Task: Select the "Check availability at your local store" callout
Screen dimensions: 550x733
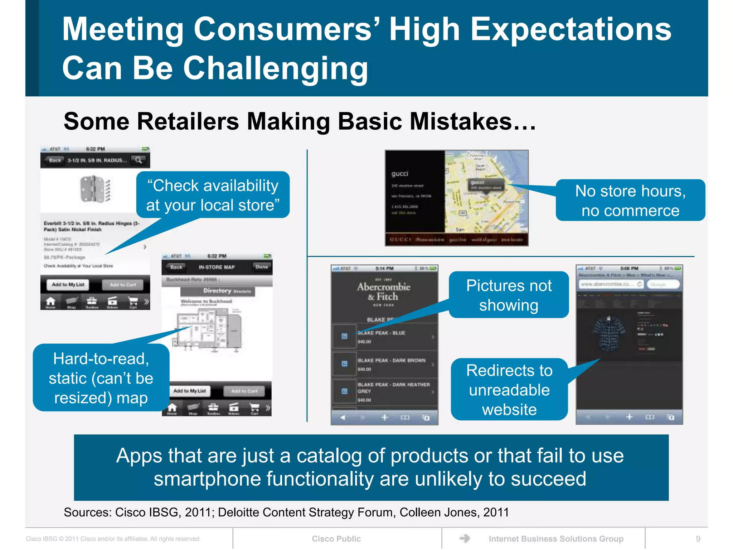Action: point(213,195)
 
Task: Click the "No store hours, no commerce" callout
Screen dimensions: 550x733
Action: point(630,201)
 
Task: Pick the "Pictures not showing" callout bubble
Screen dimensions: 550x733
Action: point(509,295)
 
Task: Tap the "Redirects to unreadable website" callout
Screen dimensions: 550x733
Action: point(509,390)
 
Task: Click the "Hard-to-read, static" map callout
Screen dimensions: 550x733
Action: point(101,378)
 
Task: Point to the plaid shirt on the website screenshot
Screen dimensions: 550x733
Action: point(608,333)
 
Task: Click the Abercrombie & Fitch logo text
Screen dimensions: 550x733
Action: point(384,291)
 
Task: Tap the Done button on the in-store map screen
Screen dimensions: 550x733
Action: point(262,267)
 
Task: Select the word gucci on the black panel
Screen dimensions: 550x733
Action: point(400,174)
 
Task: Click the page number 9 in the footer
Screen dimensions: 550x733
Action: point(698,539)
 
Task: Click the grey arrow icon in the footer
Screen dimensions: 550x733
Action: point(465,538)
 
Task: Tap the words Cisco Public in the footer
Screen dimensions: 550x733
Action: point(336,539)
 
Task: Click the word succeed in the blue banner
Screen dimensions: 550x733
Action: point(548,479)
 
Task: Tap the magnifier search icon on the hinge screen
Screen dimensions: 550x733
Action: point(138,160)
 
